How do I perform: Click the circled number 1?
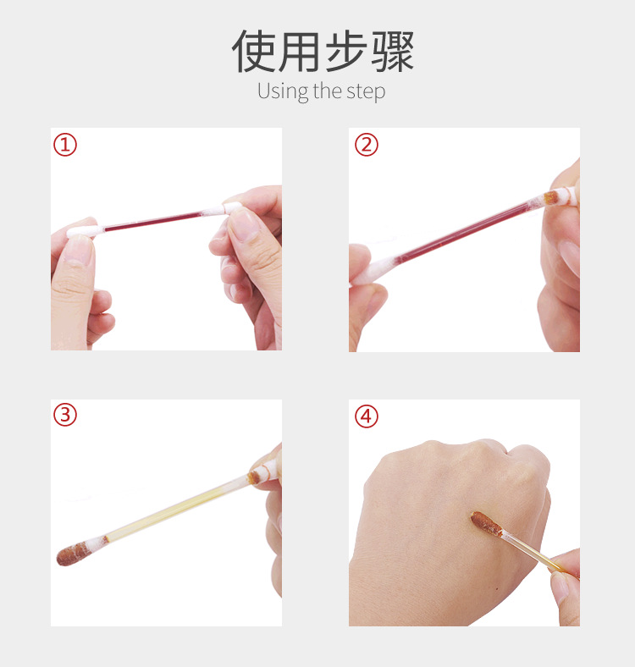click(x=65, y=145)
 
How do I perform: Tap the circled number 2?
click(x=366, y=145)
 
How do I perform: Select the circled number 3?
click(x=65, y=416)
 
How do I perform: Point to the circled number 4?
click(x=366, y=416)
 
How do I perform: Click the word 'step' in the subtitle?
click(x=366, y=92)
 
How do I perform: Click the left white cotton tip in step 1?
click(x=83, y=229)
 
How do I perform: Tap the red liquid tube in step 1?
click(x=152, y=222)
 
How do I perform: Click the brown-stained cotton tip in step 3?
click(x=75, y=553)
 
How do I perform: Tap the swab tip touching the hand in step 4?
click(x=483, y=522)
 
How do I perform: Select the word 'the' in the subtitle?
click(x=326, y=91)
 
